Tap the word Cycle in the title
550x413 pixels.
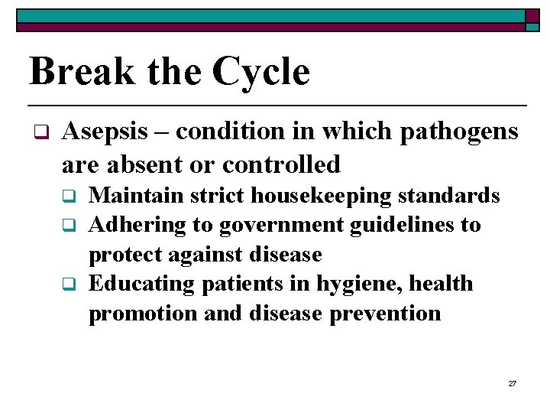pyautogui.click(x=261, y=71)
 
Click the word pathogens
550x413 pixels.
pyautogui.click(x=455, y=132)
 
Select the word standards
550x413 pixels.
pyautogui.click(x=453, y=196)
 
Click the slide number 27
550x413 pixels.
pyautogui.click(x=513, y=383)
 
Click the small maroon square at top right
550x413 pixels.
pyautogui.click(x=532, y=16)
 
